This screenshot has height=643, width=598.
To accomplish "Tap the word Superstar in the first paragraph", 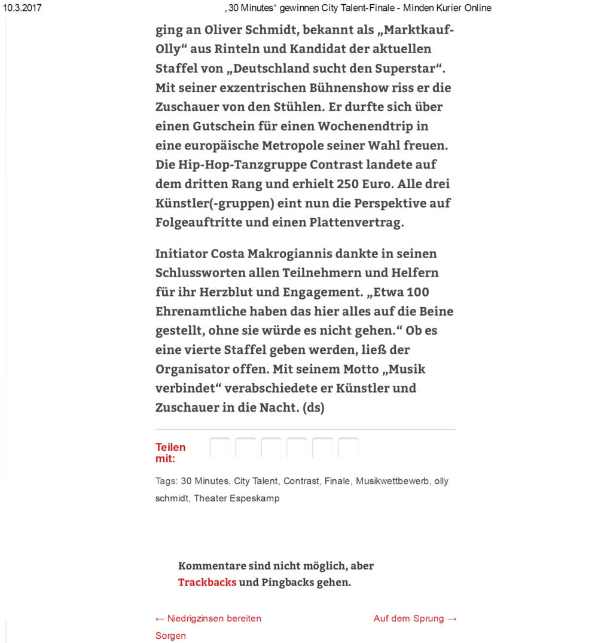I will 409,68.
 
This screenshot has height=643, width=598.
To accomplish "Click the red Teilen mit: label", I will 170,452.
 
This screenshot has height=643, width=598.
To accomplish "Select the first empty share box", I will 220,448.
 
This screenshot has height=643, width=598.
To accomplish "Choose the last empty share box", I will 348,448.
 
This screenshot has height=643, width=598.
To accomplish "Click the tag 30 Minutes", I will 205,481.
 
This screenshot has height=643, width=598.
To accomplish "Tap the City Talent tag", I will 256,481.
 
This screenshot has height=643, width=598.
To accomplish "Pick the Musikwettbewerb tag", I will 392,481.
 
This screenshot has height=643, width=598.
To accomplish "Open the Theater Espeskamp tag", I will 236,498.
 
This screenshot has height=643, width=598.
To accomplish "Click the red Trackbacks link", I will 207,582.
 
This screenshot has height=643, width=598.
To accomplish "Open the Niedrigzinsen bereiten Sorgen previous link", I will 208,618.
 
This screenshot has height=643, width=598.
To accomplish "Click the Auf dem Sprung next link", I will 415,618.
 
